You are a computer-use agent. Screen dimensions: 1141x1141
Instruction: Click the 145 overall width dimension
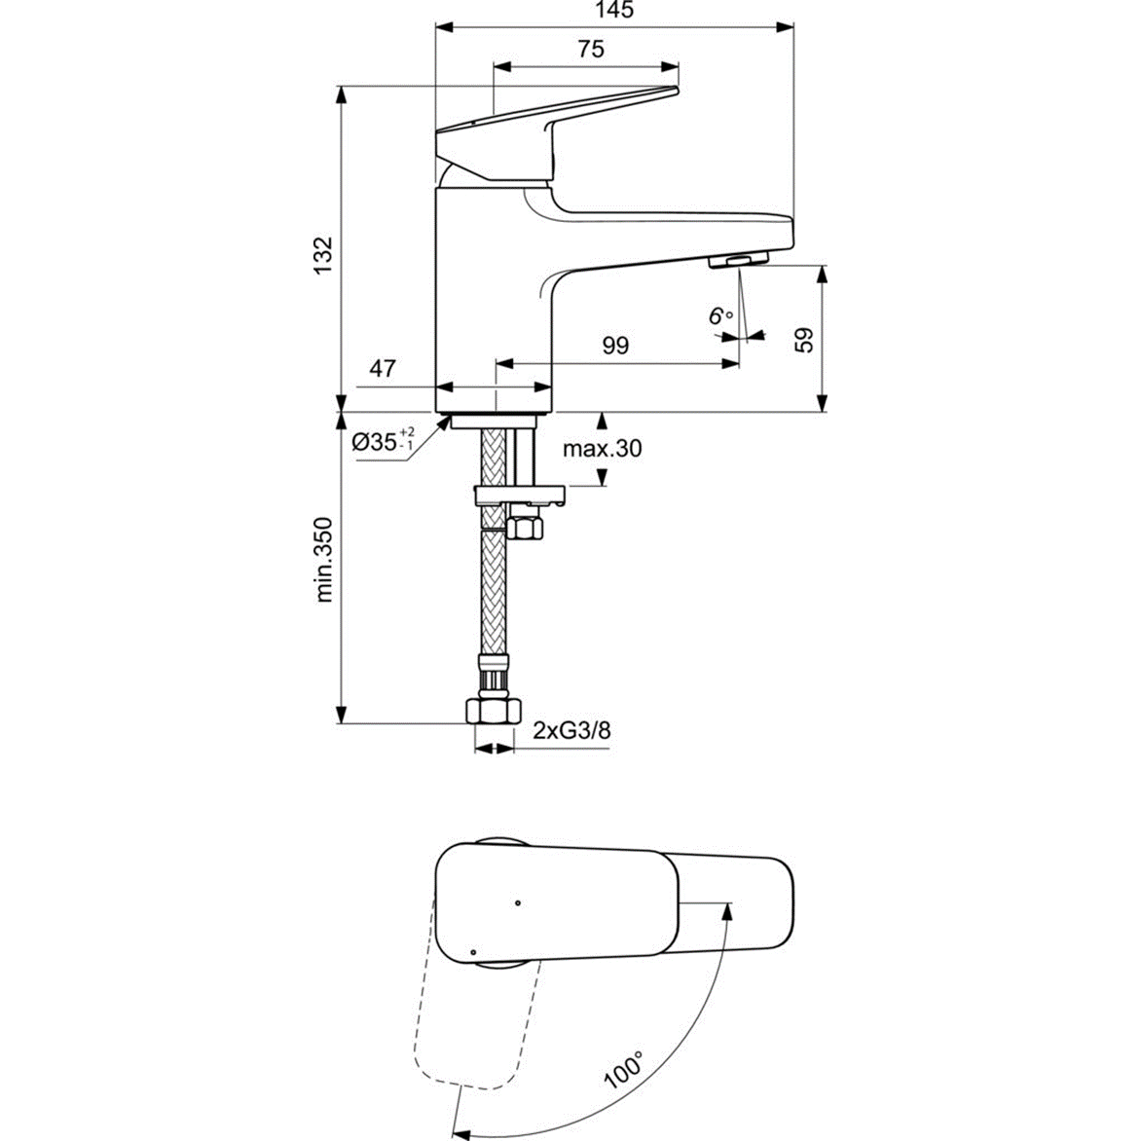tap(615, 10)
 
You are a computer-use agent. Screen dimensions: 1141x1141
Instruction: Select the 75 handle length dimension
tap(591, 49)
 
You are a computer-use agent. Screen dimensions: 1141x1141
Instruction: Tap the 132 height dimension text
tap(322, 255)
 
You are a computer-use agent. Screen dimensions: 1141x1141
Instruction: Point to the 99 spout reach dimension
tap(615, 345)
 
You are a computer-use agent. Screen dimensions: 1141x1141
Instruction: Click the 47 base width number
tap(383, 368)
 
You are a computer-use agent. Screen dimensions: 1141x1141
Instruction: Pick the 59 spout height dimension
tap(804, 340)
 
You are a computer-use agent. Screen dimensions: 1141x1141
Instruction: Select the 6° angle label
tap(720, 315)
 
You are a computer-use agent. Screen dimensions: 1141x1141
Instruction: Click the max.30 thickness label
tap(602, 448)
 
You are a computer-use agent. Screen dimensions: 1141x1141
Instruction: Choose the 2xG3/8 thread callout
tap(571, 730)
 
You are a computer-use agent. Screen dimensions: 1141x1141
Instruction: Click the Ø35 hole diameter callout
tap(383, 440)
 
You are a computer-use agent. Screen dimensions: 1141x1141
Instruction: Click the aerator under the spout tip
tap(739, 260)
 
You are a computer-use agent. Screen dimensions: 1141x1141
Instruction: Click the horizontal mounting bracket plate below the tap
tap(519, 497)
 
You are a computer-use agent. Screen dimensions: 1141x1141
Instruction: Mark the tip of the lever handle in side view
tap(677, 90)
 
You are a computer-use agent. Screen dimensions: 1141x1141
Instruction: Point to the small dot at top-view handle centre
tap(517, 903)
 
